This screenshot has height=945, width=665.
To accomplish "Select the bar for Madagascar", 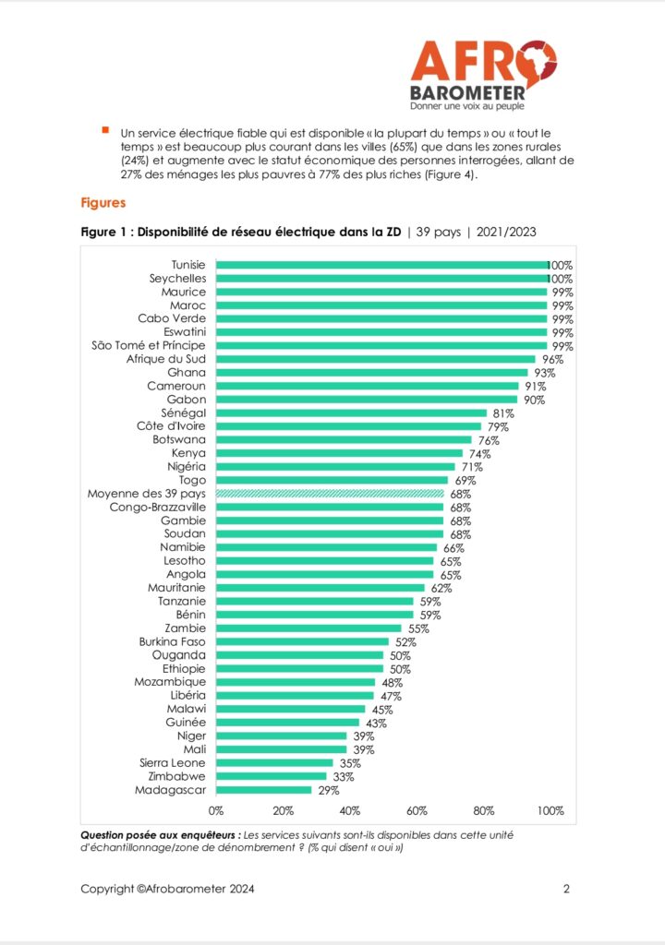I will tap(264, 790).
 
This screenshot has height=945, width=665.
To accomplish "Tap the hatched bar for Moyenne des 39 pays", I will tap(331, 494).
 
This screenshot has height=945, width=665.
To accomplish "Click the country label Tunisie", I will tap(188, 264).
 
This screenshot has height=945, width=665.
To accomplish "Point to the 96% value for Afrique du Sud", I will tap(550, 359).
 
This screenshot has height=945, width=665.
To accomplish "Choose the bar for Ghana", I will tap(372, 373).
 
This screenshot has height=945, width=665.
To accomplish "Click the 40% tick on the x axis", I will tap(350, 811).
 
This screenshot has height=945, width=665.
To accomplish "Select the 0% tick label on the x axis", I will tap(216, 811).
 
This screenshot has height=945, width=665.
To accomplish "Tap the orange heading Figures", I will tap(103, 200).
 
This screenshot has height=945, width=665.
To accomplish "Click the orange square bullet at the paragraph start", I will tap(106, 130).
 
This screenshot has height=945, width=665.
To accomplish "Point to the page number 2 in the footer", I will tap(566, 890).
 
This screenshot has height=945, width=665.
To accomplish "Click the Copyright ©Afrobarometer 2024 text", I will tap(167, 890).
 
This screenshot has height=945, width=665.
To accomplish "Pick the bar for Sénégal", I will tap(352, 413).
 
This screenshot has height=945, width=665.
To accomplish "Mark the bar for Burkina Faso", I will tap(303, 641).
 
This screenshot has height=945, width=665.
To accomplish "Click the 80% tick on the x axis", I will tap(484, 811).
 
